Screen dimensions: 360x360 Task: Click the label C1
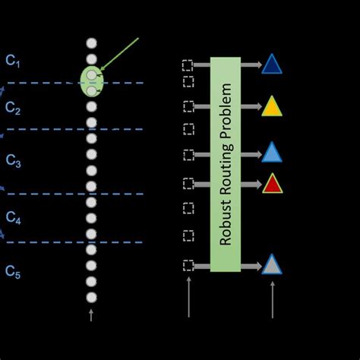pyautogui.click(x=13, y=61)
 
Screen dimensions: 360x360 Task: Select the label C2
pyautogui.click(x=13, y=108)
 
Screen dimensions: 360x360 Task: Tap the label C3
pyautogui.click(x=13, y=161)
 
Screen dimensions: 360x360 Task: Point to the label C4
pyautogui.click(x=13, y=217)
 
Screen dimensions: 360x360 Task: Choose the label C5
pyautogui.click(x=13, y=272)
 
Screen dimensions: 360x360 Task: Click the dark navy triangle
pyautogui.click(x=272, y=65)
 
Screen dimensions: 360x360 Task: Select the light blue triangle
pyautogui.click(x=272, y=153)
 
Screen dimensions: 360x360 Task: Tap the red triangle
pyautogui.click(x=273, y=185)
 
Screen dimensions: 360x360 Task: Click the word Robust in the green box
pyautogui.click(x=226, y=223)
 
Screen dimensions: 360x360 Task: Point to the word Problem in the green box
pyautogui.click(x=226, y=111)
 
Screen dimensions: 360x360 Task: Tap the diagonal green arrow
pyautogui.click(x=119, y=54)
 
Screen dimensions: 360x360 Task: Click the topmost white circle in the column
pyautogui.click(x=91, y=43)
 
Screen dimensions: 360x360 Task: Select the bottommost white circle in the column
pyautogui.click(x=91, y=298)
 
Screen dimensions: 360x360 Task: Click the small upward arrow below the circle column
pyautogui.click(x=91, y=315)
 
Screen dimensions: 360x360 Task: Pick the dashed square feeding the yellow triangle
pyautogui.click(x=188, y=106)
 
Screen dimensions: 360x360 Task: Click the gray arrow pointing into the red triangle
pyautogui.click(x=251, y=185)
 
